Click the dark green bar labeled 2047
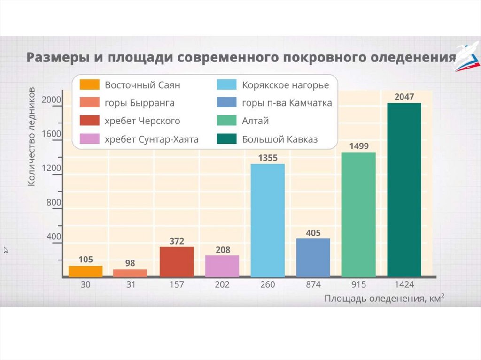(404, 190)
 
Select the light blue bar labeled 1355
(268, 220)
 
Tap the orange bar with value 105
(85, 271)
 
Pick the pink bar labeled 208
(222, 266)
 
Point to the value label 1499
(359, 146)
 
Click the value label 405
(313, 232)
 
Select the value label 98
(131, 263)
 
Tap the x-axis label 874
(313, 285)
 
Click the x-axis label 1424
(404, 285)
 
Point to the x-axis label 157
(177, 285)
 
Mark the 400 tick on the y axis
(54, 237)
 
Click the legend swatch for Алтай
(226, 121)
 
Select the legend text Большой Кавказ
(280, 139)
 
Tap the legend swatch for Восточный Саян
(89, 85)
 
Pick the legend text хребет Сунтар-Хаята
(151, 139)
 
